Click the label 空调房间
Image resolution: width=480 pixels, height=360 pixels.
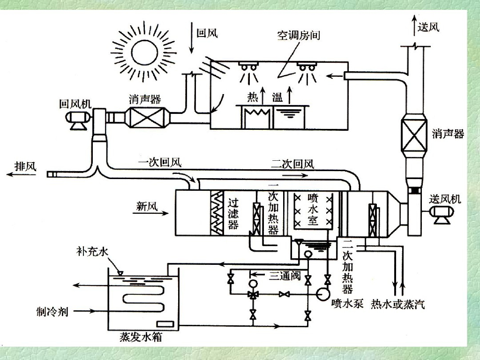pos(299,35)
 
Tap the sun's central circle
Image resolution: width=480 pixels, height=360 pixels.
pos(145,52)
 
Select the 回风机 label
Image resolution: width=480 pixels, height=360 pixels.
pos(75,104)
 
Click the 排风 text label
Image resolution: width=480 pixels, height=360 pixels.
pos(26,166)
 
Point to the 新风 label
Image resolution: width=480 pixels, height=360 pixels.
pos(147,206)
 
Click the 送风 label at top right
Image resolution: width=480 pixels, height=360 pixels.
pos(428,27)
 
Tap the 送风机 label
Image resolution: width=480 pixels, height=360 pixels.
pos(445,199)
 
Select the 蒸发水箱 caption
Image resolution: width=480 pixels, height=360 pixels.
pos(141,337)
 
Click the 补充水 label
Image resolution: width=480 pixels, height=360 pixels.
pos(92,252)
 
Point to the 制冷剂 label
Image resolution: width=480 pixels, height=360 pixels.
pos(52,312)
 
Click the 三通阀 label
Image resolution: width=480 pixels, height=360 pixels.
pos(285,276)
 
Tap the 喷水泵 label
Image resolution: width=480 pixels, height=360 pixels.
pos(347,303)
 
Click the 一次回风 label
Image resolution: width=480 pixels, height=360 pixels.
pos(159,162)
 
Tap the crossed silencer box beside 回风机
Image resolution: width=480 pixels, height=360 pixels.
pos(145,117)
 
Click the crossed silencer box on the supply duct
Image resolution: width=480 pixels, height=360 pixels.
pos(414,135)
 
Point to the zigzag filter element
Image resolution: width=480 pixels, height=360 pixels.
pos(217,213)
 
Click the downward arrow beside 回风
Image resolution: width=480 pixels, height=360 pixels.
pos(192,37)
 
